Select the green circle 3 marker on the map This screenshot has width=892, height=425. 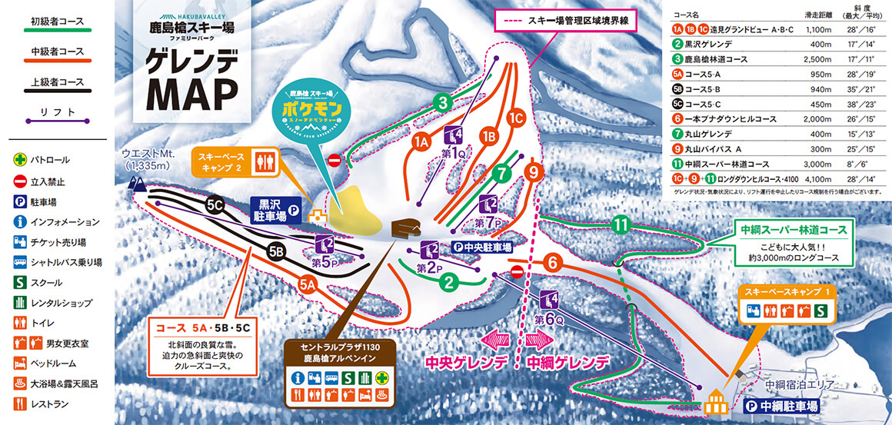pos(442,101)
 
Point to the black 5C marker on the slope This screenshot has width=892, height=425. pos(215,205)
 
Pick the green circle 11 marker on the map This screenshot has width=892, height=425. pos(621,225)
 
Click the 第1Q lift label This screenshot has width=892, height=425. pos(454,152)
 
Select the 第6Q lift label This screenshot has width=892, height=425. pos(544,318)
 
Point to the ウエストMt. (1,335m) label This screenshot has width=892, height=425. pos(149,159)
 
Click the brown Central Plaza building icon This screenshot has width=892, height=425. pos(406,228)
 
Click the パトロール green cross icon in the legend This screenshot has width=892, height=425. pos(18,160)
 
